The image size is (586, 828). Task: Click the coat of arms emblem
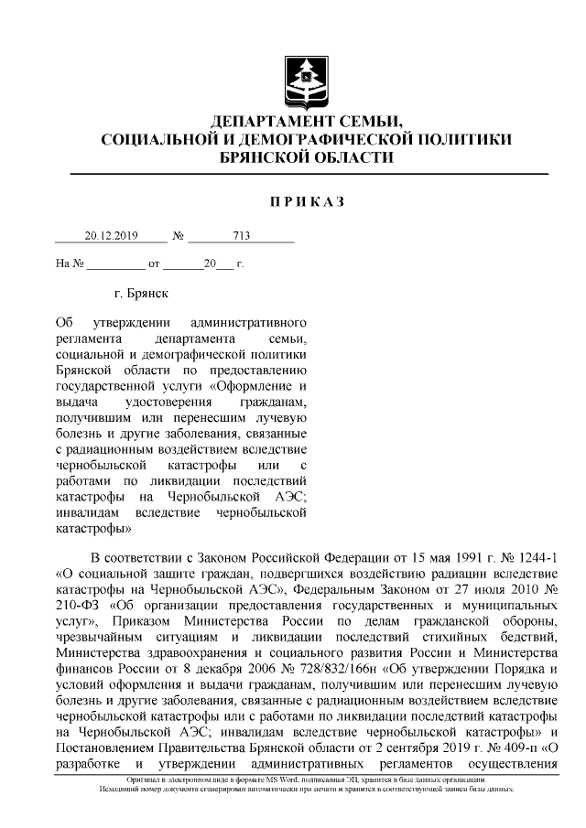(x=307, y=80)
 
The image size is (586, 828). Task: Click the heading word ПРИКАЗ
(x=307, y=202)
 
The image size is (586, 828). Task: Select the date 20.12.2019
(x=110, y=235)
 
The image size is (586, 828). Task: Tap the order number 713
(x=242, y=235)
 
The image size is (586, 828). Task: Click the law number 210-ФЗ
(x=77, y=607)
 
